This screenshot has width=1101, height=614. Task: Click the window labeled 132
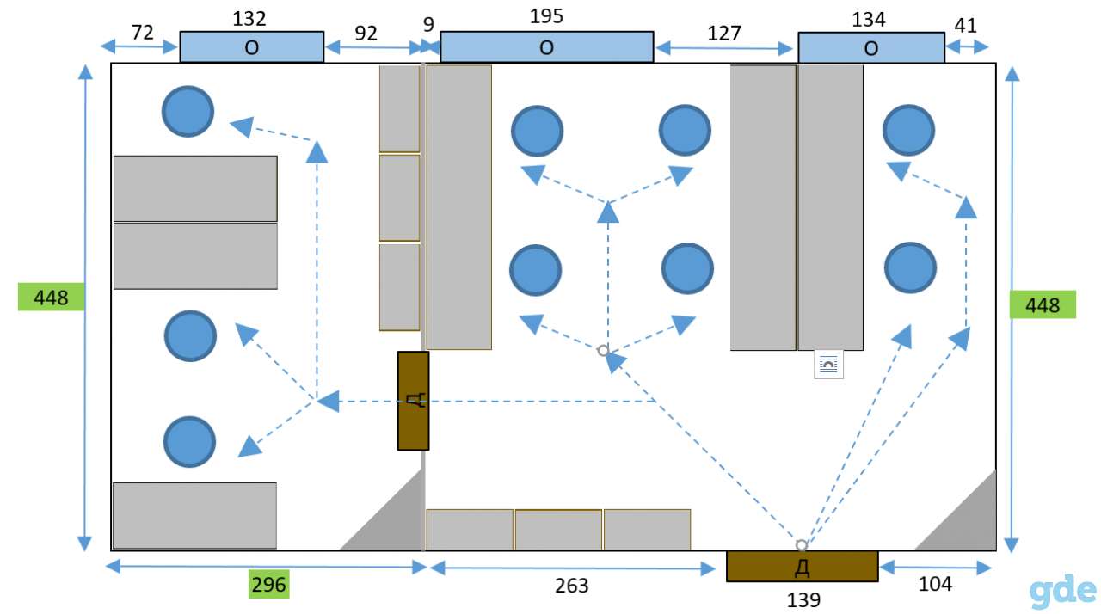(252, 47)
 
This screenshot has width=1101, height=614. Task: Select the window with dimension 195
(546, 47)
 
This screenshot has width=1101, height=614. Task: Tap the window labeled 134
(871, 47)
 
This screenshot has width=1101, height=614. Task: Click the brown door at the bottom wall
(803, 567)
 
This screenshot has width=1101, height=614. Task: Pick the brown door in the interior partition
(413, 401)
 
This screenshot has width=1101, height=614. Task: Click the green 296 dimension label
(268, 585)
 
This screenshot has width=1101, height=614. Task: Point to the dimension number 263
(572, 586)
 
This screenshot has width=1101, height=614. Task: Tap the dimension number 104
(935, 584)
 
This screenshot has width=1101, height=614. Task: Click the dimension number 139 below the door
(803, 599)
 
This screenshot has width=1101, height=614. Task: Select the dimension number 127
(724, 34)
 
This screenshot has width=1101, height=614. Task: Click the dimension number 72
(143, 33)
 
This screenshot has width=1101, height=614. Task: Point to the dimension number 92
(366, 34)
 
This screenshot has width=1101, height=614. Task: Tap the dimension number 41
(965, 26)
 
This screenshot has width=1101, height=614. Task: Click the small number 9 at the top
(428, 25)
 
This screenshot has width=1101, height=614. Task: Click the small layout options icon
(828, 365)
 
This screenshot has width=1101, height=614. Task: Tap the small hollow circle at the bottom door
(801, 544)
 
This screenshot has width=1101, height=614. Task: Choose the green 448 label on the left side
(51, 297)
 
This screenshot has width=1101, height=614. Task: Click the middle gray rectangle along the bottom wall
(558, 530)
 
